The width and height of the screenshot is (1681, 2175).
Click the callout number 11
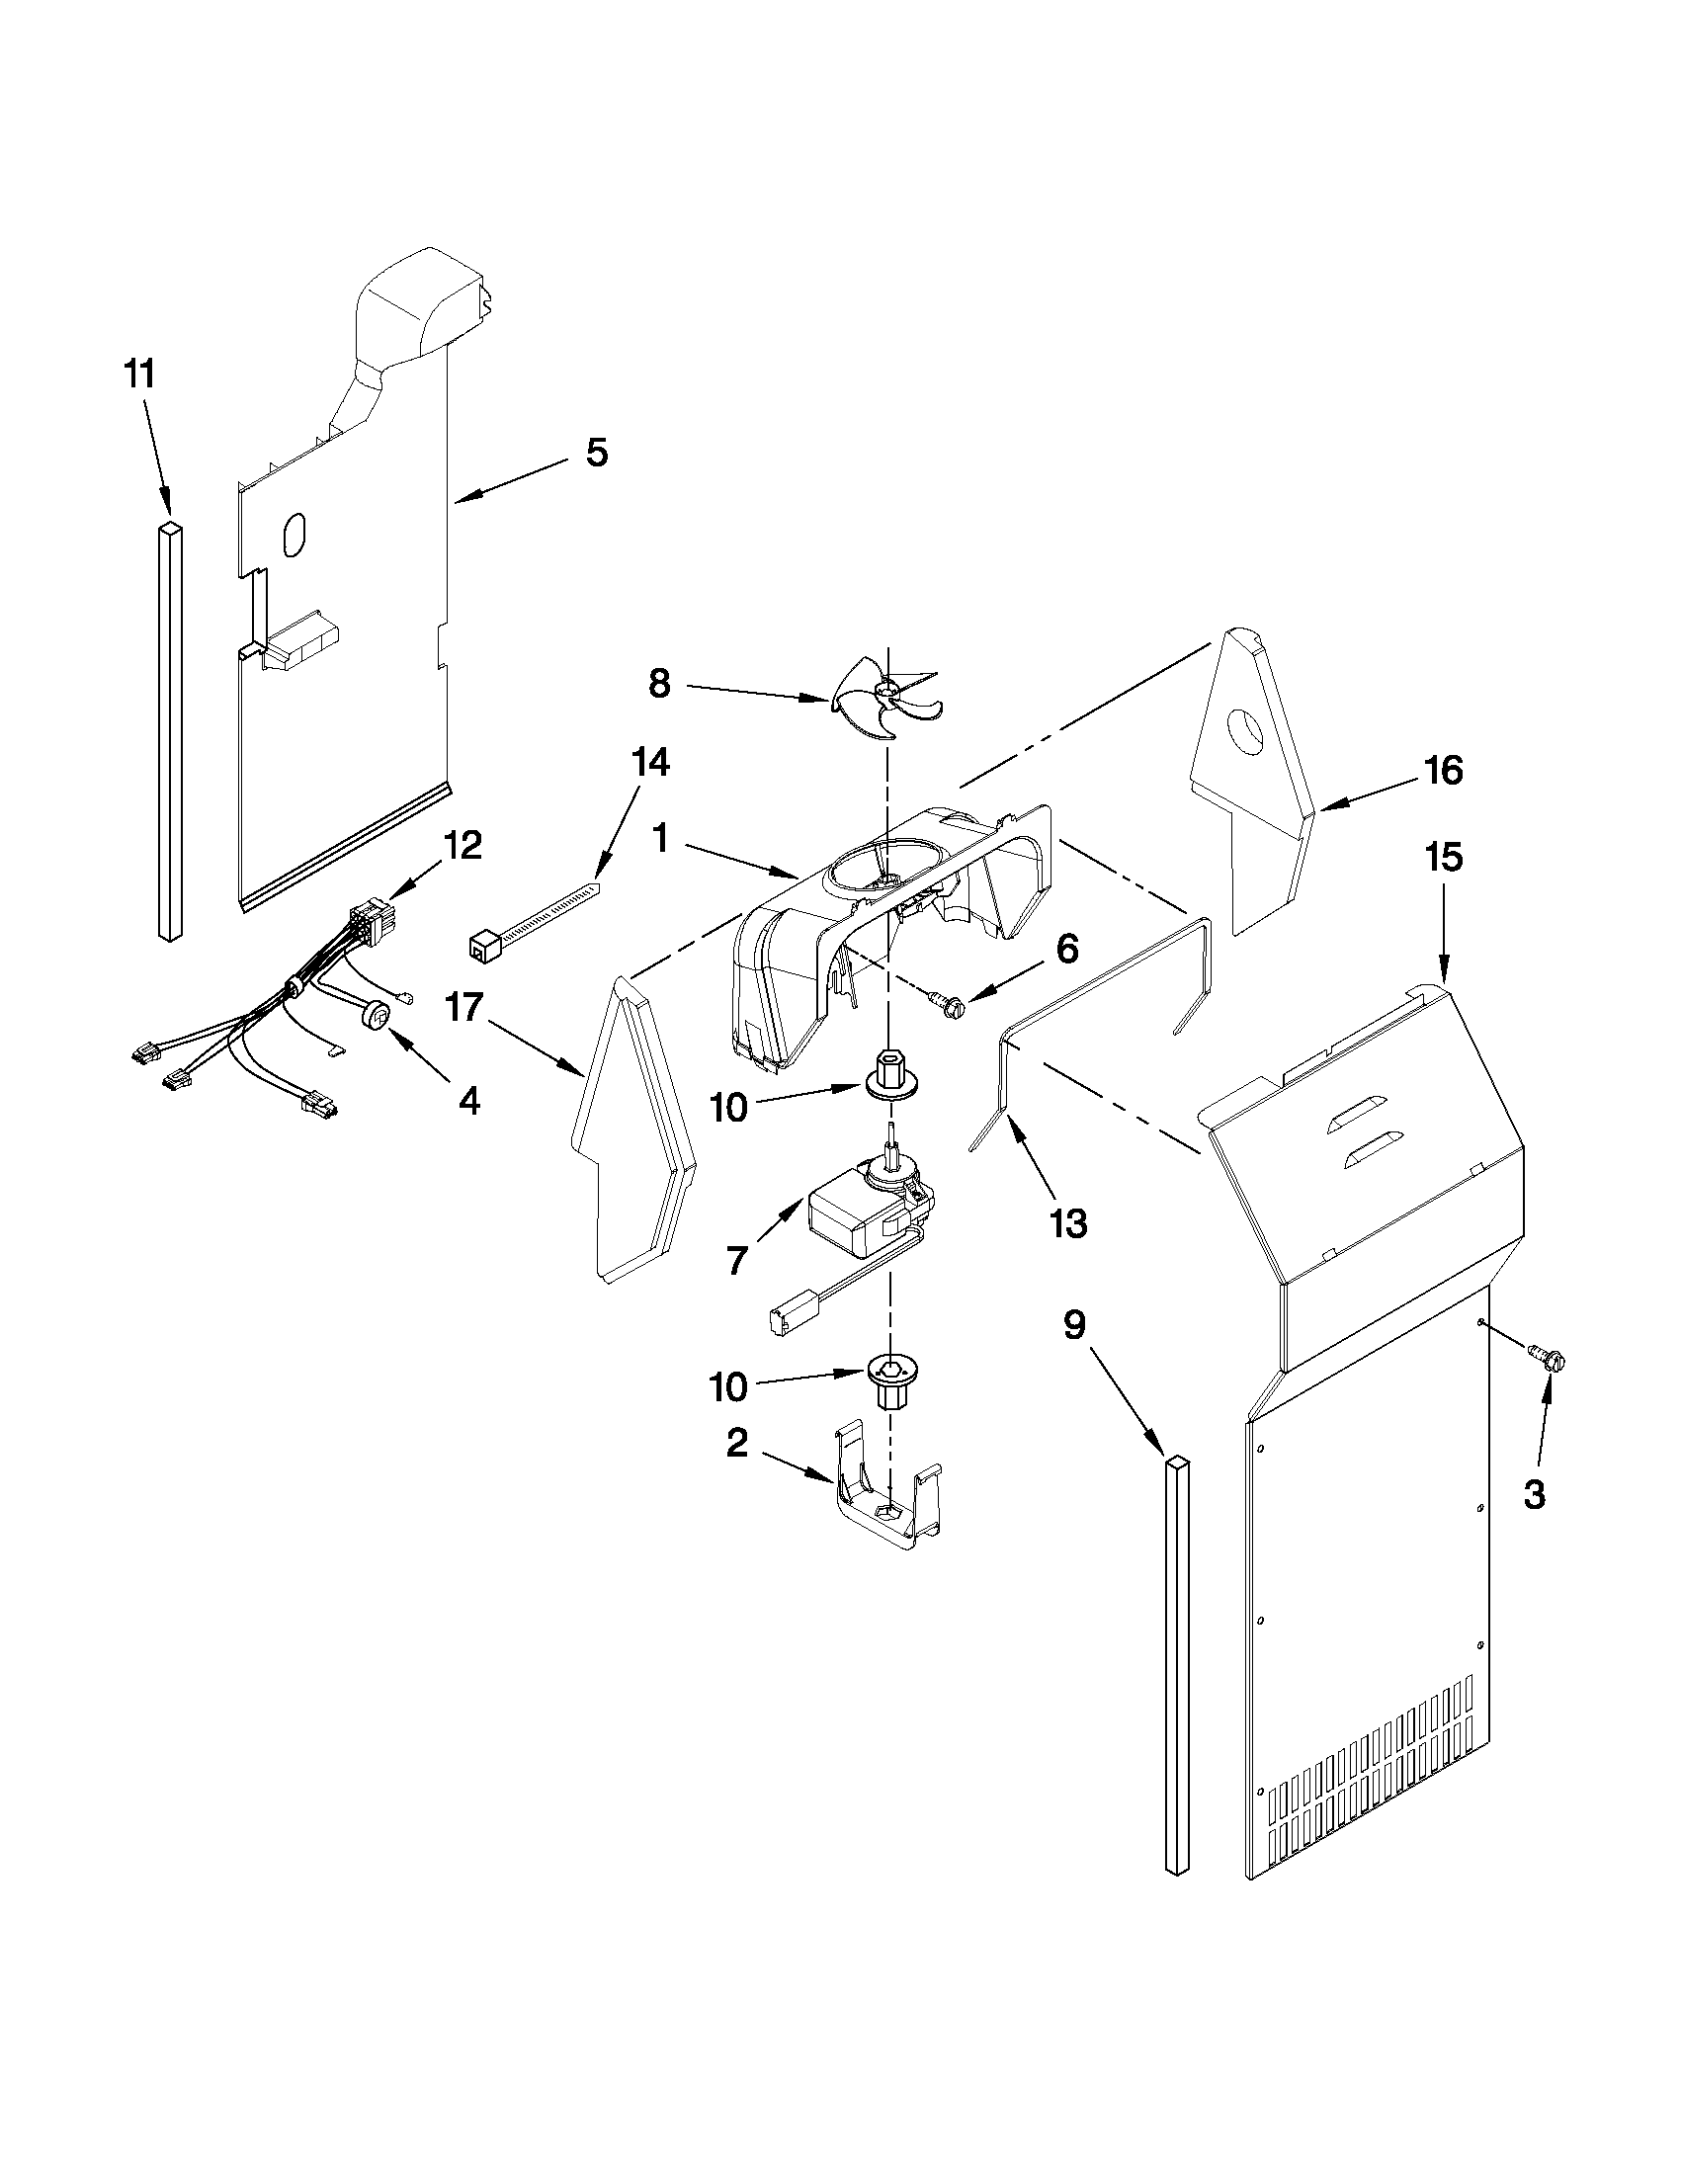pos(139,376)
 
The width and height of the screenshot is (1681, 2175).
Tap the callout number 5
pos(596,454)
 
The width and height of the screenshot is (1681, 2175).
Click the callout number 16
pos(1444,770)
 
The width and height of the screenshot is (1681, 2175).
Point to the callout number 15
pos(1444,858)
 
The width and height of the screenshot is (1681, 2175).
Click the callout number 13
pos(1066,1224)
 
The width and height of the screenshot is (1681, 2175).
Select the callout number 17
pos(463,1008)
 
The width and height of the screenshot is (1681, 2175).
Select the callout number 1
pos(659,840)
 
